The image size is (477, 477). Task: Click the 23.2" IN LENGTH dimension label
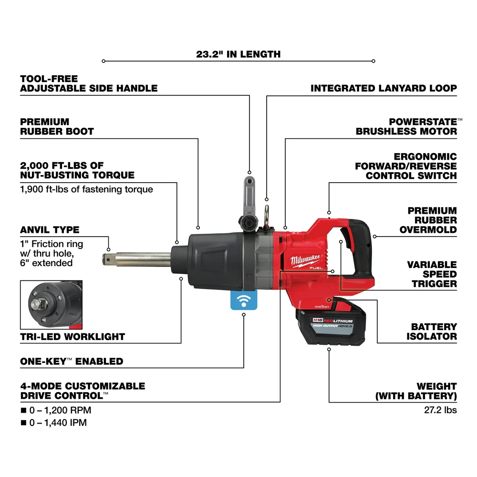pos(238,54)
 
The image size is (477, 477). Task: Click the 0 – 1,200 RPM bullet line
pos(55,410)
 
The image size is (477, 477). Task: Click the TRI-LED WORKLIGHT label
pos(72,336)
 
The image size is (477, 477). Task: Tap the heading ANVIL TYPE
pos(50,230)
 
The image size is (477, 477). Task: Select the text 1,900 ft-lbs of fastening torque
pos(86,189)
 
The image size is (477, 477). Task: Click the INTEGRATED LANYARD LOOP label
pos(383,88)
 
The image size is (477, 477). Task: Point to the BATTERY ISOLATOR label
pos(431,332)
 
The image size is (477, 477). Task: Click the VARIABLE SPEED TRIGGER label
pos(431,274)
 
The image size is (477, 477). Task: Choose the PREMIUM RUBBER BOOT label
pos(57,126)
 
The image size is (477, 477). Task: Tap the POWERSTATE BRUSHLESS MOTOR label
pos(406,126)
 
